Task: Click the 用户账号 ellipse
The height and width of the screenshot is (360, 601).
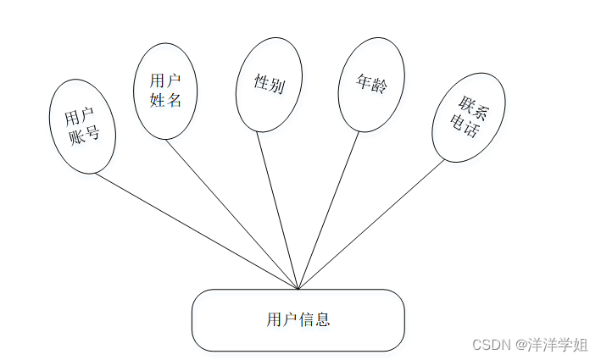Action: coord(82,126)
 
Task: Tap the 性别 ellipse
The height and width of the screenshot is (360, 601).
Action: coord(269,84)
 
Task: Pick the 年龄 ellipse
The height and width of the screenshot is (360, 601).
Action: coord(371,85)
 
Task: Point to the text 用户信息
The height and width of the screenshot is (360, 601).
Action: coord(298,320)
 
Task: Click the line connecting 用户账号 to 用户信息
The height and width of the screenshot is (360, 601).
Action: coord(195,230)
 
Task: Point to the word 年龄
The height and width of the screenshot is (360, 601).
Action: coord(371,85)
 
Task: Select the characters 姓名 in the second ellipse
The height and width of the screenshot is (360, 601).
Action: coord(166,99)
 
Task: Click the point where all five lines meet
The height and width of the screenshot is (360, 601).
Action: coord(298,289)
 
